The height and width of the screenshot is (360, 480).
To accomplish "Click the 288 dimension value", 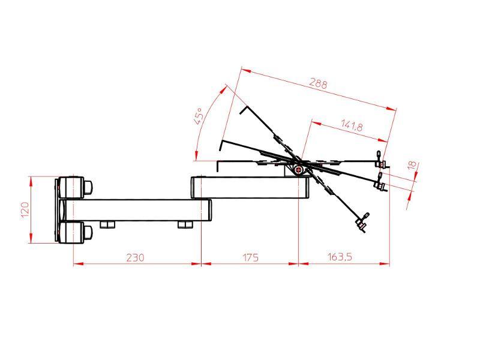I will pyautogui.click(x=317, y=83).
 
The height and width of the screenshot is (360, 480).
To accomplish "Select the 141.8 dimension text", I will pyautogui.click(x=352, y=126).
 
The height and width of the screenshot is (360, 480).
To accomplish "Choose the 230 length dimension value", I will pyautogui.click(x=135, y=257).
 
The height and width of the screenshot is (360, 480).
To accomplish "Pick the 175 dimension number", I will pyautogui.click(x=250, y=257).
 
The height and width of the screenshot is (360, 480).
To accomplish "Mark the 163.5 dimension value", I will pyautogui.click(x=340, y=257).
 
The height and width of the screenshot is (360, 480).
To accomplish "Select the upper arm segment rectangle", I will pyautogui.click(x=249, y=187).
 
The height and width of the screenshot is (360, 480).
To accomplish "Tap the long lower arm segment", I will pyautogui.click(x=138, y=209).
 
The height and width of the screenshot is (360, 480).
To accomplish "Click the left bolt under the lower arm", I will pyautogui.click(x=107, y=224).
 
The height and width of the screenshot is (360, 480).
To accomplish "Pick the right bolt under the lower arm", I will pyautogui.click(x=184, y=224).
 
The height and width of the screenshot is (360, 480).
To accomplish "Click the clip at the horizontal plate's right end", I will pyautogui.click(x=380, y=160).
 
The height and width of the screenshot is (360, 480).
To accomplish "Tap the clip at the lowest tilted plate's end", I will pyautogui.click(x=362, y=223).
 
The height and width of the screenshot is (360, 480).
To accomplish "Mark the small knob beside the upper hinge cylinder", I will pyautogui.click(x=88, y=187).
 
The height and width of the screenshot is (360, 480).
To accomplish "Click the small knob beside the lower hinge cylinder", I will pyautogui.click(x=88, y=232).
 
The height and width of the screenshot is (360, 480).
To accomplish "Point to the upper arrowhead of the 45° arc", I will pyautogui.click(x=227, y=88).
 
